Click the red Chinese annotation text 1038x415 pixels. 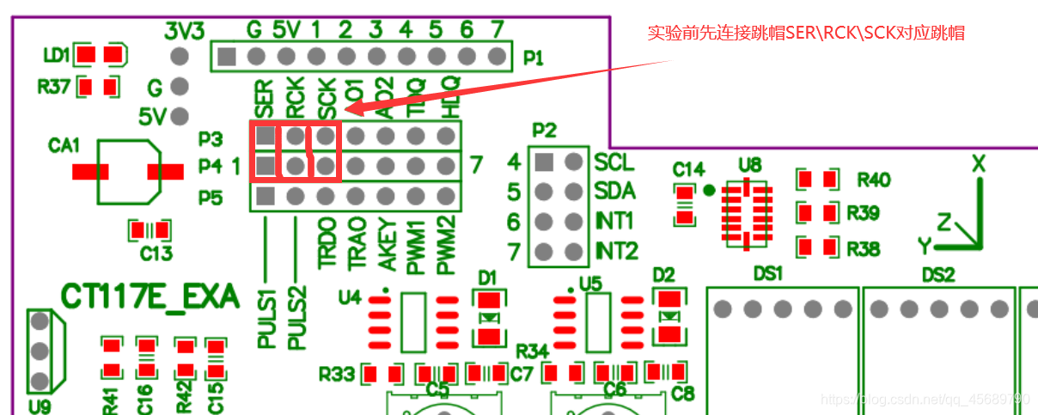[805, 34]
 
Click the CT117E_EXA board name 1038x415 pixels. [150, 296]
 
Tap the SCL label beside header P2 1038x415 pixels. [614, 162]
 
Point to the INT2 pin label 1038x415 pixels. [617, 252]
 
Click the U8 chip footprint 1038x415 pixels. [746, 214]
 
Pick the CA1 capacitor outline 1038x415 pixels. [128, 172]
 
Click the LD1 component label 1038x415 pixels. [56, 55]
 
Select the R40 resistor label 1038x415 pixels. [874, 180]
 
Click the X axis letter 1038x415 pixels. [978, 163]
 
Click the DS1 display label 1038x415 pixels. [767, 274]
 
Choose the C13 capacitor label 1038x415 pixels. [156, 253]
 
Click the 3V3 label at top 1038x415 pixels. [184, 32]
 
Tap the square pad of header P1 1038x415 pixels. [226, 58]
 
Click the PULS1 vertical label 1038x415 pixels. [266, 319]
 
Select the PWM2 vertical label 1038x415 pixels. [444, 246]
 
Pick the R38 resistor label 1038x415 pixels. [863, 249]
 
